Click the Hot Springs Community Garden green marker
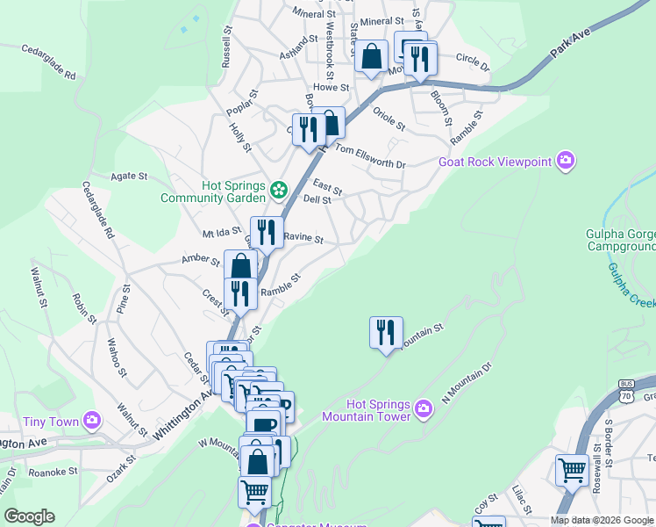point(279,189)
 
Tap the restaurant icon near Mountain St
point(386,333)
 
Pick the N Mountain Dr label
point(467,383)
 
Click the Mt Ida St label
point(221,234)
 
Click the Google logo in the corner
point(29,516)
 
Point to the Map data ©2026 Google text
point(602,520)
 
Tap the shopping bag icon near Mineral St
point(372,57)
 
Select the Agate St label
point(129,177)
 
